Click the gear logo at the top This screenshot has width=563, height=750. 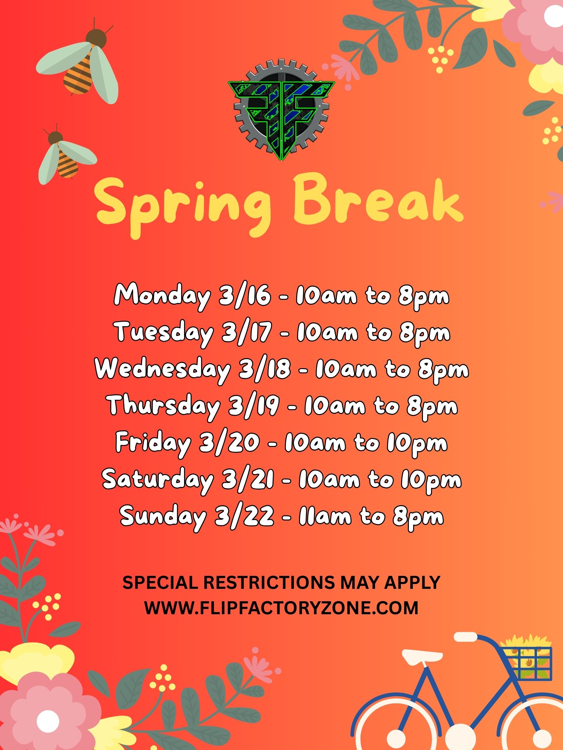tap(281, 109)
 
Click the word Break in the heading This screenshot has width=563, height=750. tap(378, 200)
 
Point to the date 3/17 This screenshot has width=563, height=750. tap(247, 332)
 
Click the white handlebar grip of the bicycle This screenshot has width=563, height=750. tap(465, 637)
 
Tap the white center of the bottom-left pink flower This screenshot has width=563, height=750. tap(48, 721)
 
